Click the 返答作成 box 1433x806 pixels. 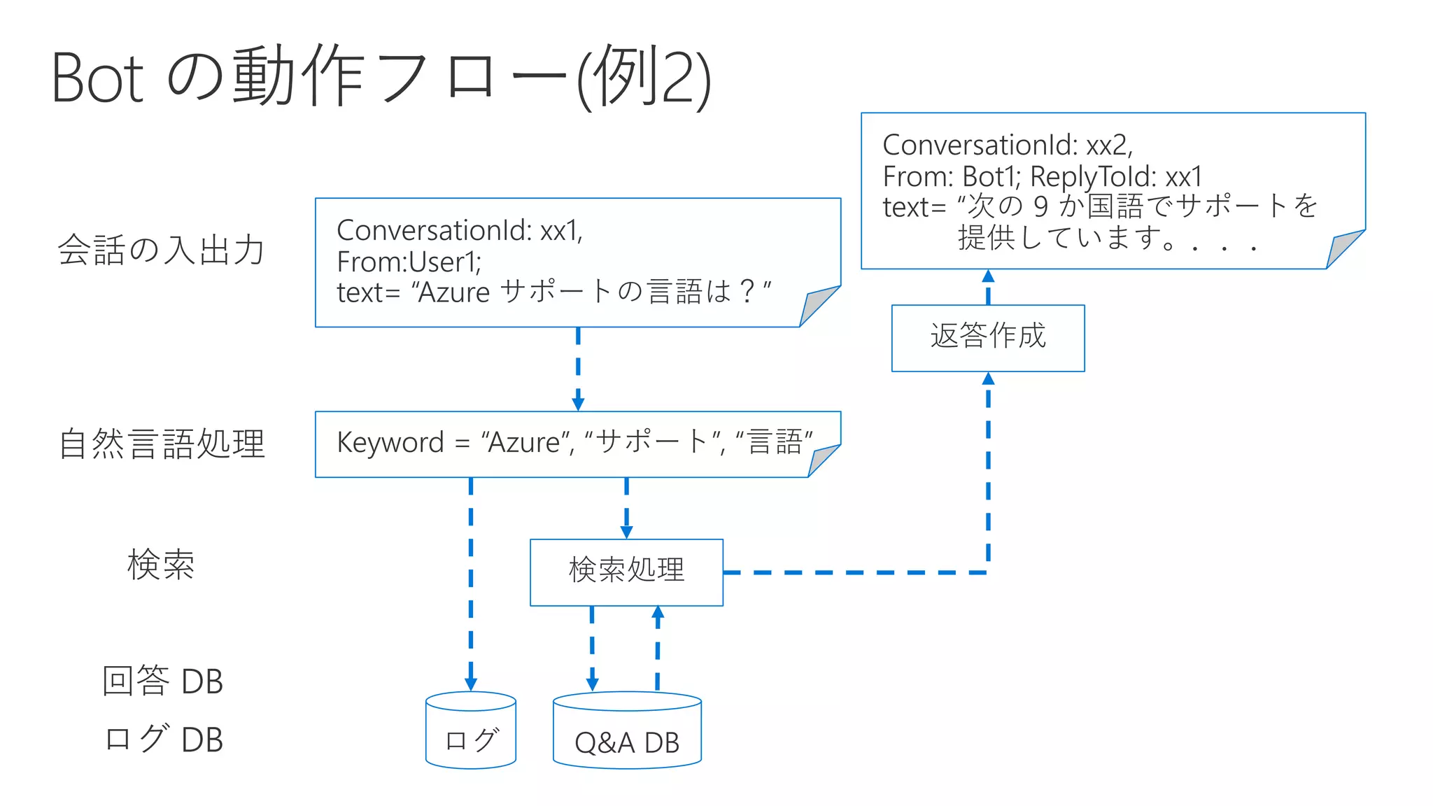pyautogui.click(x=987, y=337)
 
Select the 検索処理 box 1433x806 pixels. pyautogui.click(x=626, y=572)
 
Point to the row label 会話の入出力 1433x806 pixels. pyautogui.click(x=161, y=250)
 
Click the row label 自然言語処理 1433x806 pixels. pyautogui.click(x=162, y=444)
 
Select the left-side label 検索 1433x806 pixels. pyautogui.click(x=161, y=564)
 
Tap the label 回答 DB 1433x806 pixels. pyautogui.click(x=162, y=681)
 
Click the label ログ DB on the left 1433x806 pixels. pyautogui.click(x=162, y=739)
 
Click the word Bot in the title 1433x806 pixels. pyautogui.click(x=97, y=78)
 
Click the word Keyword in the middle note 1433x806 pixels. pyautogui.click(x=390, y=443)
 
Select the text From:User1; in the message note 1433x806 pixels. pyautogui.click(x=409, y=262)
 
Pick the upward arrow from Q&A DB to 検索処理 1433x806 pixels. pyautogui.click(x=658, y=648)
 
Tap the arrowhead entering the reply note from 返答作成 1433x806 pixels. pyautogui.click(x=988, y=276)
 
